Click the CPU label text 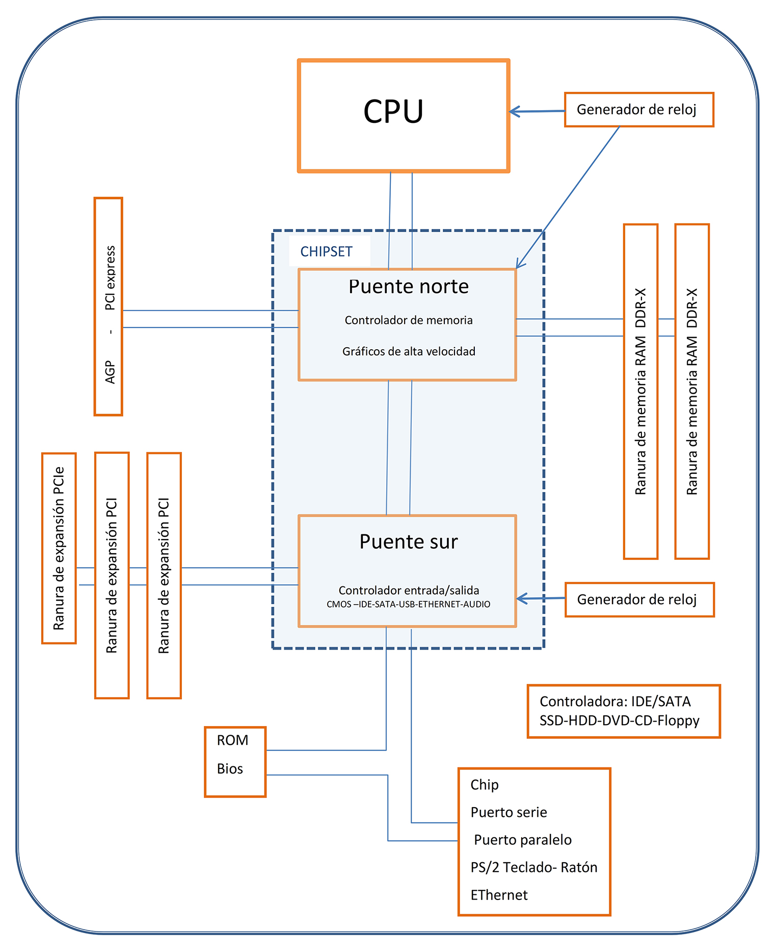(x=393, y=112)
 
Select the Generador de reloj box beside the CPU (x=638, y=110)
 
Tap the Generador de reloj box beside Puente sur (x=639, y=600)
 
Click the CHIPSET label (x=326, y=252)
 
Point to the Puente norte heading (x=408, y=287)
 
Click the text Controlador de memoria (x=408, y=320)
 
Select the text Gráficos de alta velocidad (x=408, y=351)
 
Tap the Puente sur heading (x=408, y=542)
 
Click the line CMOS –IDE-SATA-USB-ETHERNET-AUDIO (x=408, y=604)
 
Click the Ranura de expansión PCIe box (x=59, y=548)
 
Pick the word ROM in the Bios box (x=232, y=740)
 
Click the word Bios (x=230, y=769)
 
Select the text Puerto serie (x=508, y=812)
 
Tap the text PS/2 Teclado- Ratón (x=533, y=867)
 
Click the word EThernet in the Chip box (x=499, y=895)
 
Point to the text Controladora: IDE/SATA (x=615, y=702)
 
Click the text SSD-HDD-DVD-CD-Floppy (x=619, y=721)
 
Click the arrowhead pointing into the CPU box (x=514, y=112)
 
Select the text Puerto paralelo (x=522, y=840)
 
